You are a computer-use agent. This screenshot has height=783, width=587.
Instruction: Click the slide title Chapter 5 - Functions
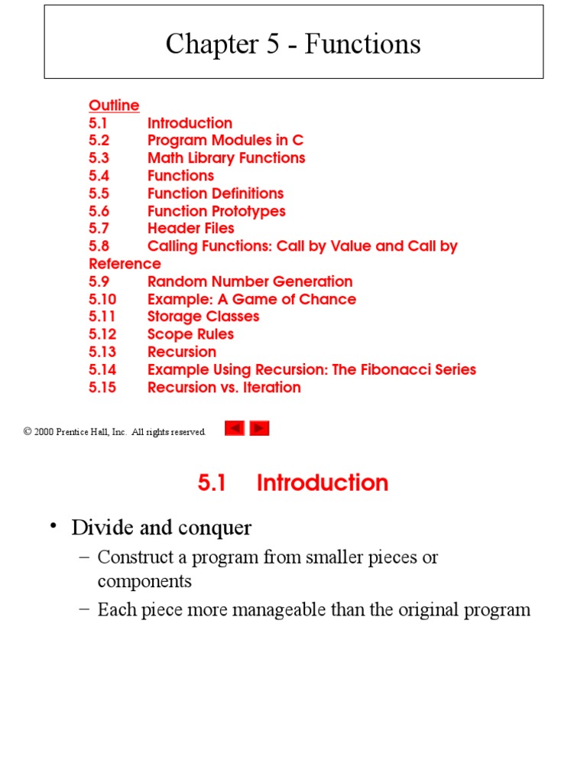point(293,44)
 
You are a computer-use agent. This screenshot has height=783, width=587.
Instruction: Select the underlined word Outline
point(114,106)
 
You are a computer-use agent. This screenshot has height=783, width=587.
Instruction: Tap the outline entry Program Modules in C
point(225,141)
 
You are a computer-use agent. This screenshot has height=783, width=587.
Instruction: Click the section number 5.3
point(99,158)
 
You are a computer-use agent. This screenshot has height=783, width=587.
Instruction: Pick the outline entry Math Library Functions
point(226,158)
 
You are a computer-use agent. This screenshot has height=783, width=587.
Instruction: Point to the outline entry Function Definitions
point(216,193)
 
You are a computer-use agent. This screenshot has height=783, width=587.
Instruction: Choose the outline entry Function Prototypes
point(216,211)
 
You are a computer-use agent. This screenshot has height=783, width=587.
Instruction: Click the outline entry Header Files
point(191,229)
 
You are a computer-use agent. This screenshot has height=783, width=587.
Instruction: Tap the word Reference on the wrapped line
point(125,264)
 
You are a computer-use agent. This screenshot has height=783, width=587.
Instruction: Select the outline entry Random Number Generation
point(250,281)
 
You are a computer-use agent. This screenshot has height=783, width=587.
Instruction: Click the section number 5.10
point(102,299)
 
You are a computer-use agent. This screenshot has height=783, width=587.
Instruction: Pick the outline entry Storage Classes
point(203,317)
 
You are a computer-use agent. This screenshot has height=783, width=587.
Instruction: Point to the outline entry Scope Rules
point(190,334)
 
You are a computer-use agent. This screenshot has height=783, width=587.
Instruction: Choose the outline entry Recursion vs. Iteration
point(224,388)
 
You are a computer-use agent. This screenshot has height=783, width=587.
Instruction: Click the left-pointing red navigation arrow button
point(235,428)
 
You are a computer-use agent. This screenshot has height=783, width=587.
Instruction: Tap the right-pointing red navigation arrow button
point(260,428)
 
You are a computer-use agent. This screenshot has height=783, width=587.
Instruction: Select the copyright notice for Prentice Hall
point(115,432)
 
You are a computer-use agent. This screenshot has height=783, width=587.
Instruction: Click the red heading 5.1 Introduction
point(293,482)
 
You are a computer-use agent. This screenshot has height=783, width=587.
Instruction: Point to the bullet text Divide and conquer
point(161,528)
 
